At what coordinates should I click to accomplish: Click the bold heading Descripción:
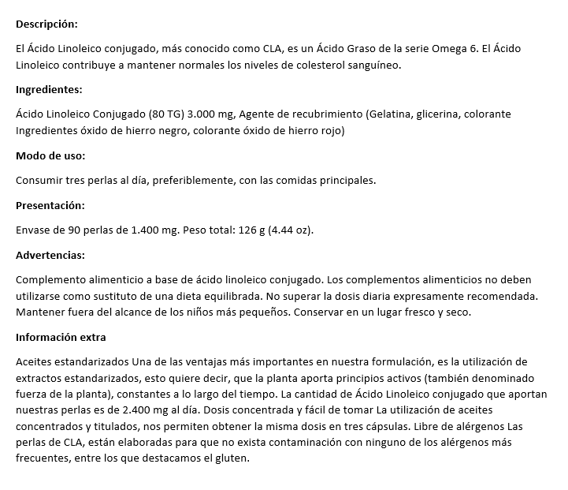click(x=47, y=24)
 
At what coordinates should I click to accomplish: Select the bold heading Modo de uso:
click(x=50, y=155)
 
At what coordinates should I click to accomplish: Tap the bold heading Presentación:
click(x=50, y=205)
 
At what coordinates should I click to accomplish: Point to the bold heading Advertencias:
click(x=50, y=256)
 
